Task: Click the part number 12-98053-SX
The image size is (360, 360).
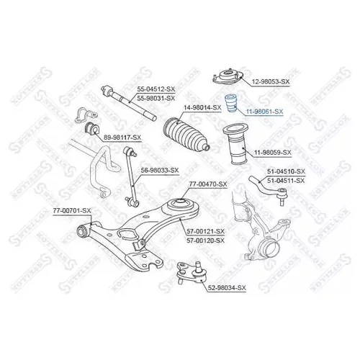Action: [271, 82]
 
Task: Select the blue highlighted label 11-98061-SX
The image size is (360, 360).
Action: [264, 112]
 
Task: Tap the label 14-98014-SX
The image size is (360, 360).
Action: [202, 108]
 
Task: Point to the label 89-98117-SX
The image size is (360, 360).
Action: [122, 138]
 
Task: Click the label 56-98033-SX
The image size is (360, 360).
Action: [160, 171]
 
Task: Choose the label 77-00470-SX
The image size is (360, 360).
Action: [208, 184]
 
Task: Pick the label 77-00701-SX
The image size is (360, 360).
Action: [72, 211]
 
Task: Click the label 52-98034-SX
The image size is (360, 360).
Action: [227, 287]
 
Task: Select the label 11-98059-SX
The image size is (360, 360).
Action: [273, 153]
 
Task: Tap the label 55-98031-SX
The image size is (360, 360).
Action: [156, 98]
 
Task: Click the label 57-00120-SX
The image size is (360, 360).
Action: [205, 240]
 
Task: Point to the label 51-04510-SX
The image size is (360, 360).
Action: [286, 171]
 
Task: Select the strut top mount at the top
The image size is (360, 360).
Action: [228, 77]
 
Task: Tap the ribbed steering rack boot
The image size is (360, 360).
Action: [186, 135]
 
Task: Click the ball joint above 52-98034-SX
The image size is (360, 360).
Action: [192, 272]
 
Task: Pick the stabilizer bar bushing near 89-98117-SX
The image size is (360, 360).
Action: [91, 128]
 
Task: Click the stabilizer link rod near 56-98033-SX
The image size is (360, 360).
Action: [131, 177]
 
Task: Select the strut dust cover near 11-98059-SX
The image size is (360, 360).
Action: [236, 144]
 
